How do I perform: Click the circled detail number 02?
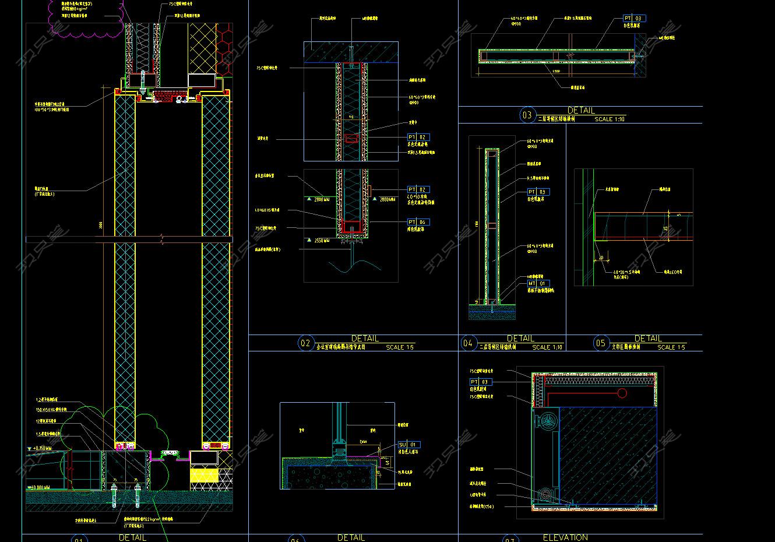tap(305, 343)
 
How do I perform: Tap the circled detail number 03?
tap(527, 115)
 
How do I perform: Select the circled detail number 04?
tap(468, 343)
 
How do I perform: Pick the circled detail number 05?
tap(601, 343)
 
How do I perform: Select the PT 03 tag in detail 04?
tap(538, 192)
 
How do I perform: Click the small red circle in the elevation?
tap(622, 393)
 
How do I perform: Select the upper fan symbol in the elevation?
tap(547, 421)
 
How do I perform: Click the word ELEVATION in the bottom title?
tap(565, 537)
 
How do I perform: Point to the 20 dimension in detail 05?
tap(601, 256)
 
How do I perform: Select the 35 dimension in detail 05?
tap(665, 228)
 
